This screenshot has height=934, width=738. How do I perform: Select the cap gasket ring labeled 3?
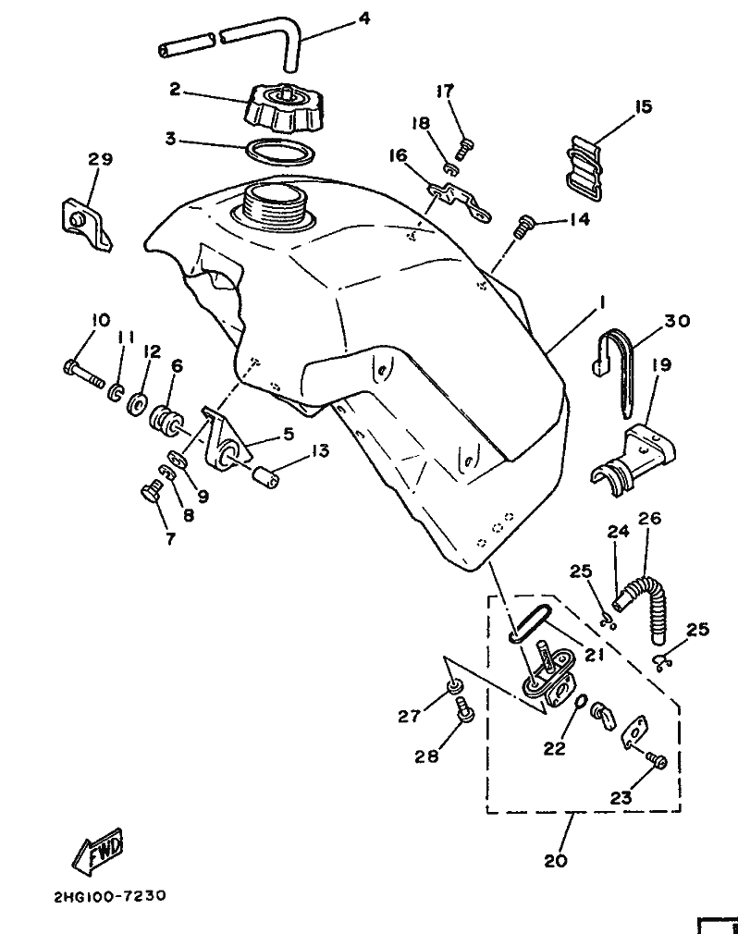pyautogui.click(x=280, y=153)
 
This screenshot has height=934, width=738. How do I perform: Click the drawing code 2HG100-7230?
pyautogui.click(x=110, y=895)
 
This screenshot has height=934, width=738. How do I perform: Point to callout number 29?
pyautogui.click(x=100, y=159)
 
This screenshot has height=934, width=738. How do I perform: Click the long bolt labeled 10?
pyautogui.click(x=83, y=374)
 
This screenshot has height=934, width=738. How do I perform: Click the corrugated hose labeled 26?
pyautogui.click(x=645, y=608)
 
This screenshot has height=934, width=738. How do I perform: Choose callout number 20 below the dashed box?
pyautogui.click(x=555, y=861)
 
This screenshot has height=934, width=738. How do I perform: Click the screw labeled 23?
pyautogui.click(x=656, y=761)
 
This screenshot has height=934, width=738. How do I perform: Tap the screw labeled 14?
pyautogui.click(x=523, y=226)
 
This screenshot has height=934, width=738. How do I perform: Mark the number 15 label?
pyautogui.click(x=644, y=107)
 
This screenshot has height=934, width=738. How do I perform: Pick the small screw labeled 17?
pyautogui.click(x=465, y=146)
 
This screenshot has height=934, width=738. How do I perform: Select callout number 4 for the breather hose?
pyautogui.click(x=364, y=18)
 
